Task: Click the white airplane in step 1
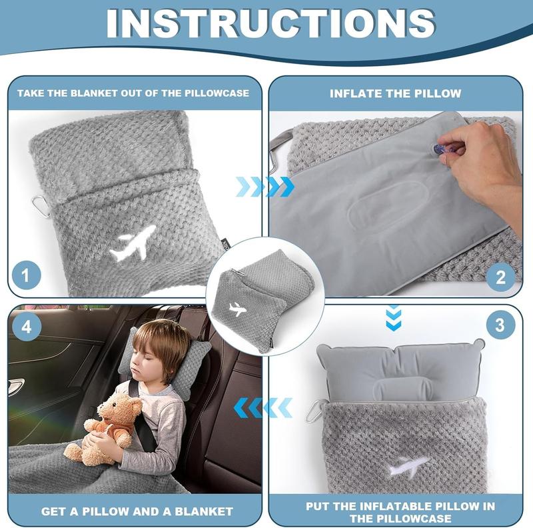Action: [133, 243]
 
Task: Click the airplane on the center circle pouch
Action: [237, 309]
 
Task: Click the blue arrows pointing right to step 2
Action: [265, 187]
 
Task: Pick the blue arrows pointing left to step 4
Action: [265, 406]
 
